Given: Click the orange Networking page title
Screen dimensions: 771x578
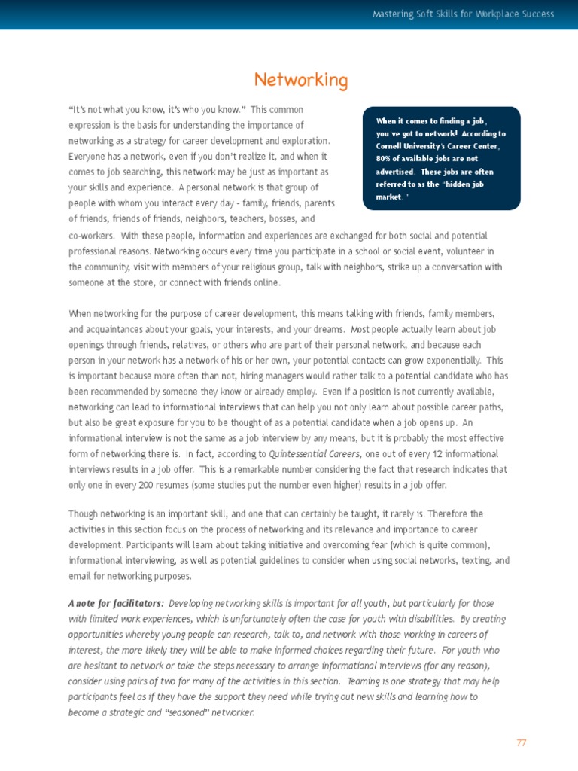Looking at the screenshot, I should coord(301,81).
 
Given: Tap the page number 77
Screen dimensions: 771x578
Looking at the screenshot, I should coord(522,742).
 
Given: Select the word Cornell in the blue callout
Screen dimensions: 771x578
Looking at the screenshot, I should coord(393,146).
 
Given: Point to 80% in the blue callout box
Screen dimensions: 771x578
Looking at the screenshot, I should coord(385,159).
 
